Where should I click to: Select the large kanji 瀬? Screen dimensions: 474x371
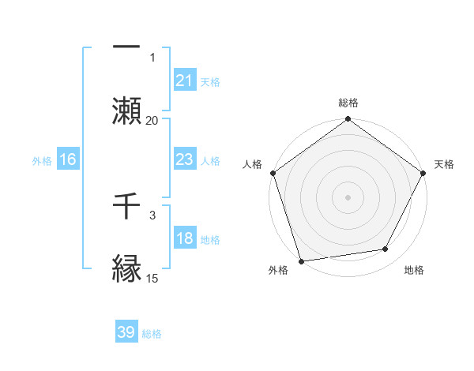pyautogui.click(x=126, y=109)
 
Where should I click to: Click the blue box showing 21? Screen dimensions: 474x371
pyautogui.click(x=184, y=81)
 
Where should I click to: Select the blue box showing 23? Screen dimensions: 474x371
pyautogui.click(x=184, y=160)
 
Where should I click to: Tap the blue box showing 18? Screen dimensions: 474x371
pyautogui.click(x=184, y=239)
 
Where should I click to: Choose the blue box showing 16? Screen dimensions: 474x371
pyautogui.click(x=68, y=160)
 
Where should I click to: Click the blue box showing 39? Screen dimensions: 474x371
pyautogui.click(x=126, y=332)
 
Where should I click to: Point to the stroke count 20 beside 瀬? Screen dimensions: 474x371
pyautogui.click(x=152, y=120)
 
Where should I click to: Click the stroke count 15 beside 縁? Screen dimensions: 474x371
pyautogui.click(x=152, y=278)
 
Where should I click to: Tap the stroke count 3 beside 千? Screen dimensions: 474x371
pyautogui.click(x=152, y=215)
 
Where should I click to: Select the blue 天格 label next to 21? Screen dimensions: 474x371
pyautogui.click(x=210, y=81)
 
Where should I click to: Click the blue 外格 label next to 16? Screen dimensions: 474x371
pyautogui.click(x=42, y=161)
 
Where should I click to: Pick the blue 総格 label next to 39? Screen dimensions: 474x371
pyautogui.click(x=152, y=334)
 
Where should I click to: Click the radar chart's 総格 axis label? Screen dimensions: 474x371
pyautogui.click(x=348, y=103)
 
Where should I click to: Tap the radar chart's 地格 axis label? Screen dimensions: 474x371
pyautogui.click(x=414, y=271)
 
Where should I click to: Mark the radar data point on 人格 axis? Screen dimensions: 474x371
pyautogui.click(x=273, y=173)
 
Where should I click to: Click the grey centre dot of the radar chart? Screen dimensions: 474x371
pyautogui.click(x=348, y=197)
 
